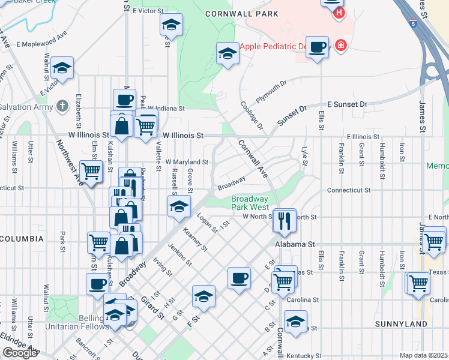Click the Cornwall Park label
point(242,13)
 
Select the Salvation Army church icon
point(62,107)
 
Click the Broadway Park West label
point(250,202)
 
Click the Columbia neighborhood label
point(22,239)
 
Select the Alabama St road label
point(295,244)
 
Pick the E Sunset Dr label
point(347,104)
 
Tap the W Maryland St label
point(187,162)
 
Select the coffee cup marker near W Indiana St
point(125,100)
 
